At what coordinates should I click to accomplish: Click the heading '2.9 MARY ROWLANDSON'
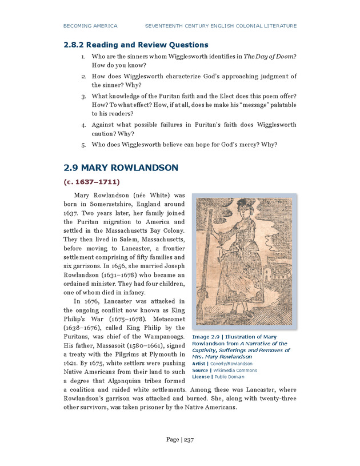point(121,168)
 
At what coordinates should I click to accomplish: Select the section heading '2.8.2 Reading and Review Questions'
point(135,45)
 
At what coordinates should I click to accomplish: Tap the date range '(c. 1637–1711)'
point(91,182)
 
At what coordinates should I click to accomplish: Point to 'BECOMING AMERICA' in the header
point(90,26)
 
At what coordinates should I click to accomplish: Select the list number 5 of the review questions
point(83,144)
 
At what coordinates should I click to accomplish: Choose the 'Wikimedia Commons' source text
point(235,370)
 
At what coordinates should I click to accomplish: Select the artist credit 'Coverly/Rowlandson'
point(230,363)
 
